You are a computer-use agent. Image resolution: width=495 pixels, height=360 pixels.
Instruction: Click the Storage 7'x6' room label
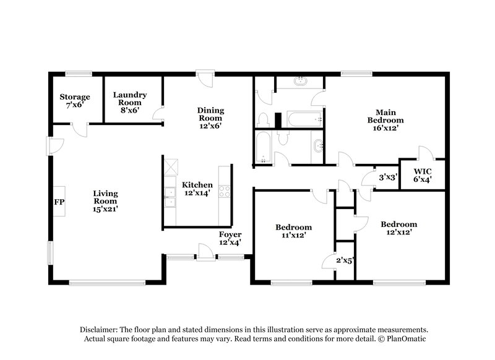point(74,101)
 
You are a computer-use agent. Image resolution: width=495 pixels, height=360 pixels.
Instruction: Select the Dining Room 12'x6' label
point(210,118)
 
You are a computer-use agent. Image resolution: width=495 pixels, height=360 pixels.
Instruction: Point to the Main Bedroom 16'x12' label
point(386,120)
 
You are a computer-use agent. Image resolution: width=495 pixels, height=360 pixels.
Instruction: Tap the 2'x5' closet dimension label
point(344,260)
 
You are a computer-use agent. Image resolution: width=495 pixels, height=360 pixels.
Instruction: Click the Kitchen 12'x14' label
point(197,189)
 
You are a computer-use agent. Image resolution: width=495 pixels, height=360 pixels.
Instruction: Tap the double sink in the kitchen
point(169,197)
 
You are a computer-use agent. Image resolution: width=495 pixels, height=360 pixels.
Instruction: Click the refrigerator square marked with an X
point(170,166)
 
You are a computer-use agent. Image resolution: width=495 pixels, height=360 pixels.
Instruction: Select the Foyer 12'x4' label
point(230,238)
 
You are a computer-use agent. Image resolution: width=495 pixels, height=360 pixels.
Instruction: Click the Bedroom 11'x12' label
point(293,231)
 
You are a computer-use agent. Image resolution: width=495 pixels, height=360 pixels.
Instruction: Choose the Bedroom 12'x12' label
point(398,228)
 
